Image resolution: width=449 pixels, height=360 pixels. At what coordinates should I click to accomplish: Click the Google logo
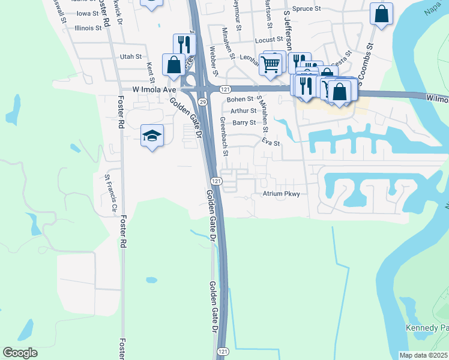[x=20, y=353]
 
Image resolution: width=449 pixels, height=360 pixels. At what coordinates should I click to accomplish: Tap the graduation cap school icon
[x=152, y=136]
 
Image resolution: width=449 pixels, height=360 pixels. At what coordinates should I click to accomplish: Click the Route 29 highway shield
[x=203, y=103]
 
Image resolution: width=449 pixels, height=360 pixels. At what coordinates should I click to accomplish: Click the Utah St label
[x=130, y=56]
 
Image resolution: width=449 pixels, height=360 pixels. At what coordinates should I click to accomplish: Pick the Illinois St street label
[x=88, y=28]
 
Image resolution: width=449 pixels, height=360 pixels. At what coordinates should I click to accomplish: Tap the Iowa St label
[x=88, y=13]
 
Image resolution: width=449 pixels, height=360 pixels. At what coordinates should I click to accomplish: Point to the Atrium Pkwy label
[x=281, y=194]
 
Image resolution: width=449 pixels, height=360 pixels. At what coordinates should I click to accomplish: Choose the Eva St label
[x=271, y=143]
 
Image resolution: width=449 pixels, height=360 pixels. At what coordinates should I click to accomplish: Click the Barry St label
[x=244, y=122]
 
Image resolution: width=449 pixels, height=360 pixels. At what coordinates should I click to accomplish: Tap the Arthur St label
[x=243, y=110]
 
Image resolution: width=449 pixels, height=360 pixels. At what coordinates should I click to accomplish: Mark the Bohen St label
[x=241, y=99]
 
